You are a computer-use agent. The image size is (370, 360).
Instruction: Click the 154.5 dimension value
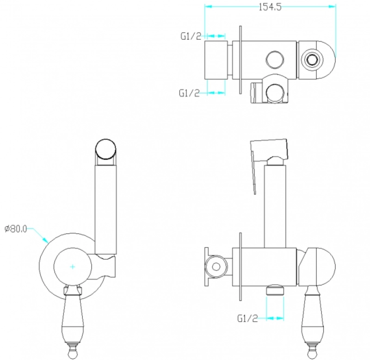pos(270,7)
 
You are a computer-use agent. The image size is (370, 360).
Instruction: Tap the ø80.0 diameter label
pos(16,229)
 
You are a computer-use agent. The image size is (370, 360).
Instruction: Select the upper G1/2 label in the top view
pos(191,36)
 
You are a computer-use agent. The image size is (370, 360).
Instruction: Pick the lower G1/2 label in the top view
pos(189,93)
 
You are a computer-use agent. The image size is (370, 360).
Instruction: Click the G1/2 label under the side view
pos(247,318)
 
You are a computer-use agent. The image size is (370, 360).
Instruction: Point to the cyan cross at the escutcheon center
pos(73,267)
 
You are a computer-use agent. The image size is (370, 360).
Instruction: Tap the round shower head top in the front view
pos(106,149)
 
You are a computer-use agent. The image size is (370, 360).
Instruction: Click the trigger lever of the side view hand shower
pos(253,172)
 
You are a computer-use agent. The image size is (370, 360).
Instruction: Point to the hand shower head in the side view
pos(269,150)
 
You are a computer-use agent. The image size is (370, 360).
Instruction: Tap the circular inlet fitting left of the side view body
pos(216,267)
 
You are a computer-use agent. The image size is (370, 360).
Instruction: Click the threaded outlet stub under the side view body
pos(275,290)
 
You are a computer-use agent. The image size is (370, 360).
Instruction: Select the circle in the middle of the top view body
pos(275,60)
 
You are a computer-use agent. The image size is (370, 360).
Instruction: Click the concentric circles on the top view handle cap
pos(312,60)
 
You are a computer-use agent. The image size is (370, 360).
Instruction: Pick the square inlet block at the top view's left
pos(216,60)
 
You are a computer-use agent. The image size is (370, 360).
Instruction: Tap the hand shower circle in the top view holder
pos(275,93)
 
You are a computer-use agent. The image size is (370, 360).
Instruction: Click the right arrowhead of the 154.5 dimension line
pos(333,6)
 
